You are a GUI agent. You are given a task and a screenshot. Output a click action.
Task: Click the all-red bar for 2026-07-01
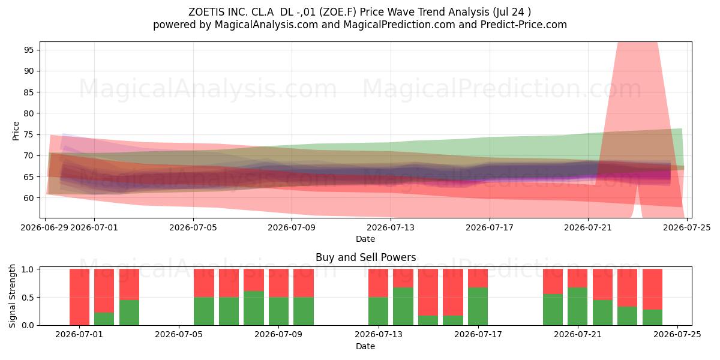pos(79,297)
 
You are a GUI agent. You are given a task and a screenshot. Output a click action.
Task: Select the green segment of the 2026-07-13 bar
pos(379,311)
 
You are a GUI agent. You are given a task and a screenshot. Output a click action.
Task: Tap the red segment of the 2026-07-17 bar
pos(478,278)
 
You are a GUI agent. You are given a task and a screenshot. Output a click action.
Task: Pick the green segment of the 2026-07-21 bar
pos(577,307)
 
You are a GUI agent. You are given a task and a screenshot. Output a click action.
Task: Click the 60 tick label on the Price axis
pos(29,198)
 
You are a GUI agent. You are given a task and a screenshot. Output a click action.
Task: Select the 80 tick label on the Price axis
pos(29,113)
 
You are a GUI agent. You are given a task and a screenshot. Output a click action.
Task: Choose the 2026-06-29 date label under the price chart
pos(44,227)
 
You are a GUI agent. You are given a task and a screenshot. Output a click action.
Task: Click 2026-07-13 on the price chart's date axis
pos(391,227)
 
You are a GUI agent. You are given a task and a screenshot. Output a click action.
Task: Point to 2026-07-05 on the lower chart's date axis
pos(179,334)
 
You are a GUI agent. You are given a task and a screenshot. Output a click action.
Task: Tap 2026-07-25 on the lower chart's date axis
pos(677,334)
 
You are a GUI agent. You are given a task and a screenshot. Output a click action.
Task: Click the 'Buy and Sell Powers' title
pos(366,257)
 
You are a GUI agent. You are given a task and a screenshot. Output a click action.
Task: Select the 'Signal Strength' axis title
pos(12,296)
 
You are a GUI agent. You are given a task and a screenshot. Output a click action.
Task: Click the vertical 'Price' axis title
pos(16,131)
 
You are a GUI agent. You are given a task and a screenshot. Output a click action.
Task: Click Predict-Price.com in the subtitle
pos(524,25)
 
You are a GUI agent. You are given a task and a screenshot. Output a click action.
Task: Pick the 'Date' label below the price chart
pos(365,239)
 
